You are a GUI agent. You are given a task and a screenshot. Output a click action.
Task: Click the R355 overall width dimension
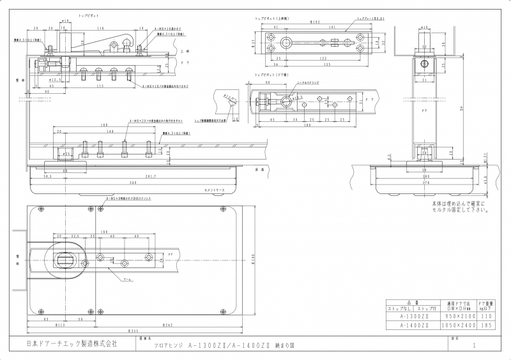(x=133, y=332)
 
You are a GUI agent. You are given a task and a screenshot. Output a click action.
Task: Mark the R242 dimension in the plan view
(x=168, y=326)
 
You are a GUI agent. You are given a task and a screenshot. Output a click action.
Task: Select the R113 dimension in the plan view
(x=59, y=326)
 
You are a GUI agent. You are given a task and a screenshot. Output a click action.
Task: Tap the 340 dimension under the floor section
(x=132, y=183)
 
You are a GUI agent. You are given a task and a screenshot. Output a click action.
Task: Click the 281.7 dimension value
(x=151, y=177)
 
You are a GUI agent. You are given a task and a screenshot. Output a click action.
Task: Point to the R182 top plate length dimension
(x=314, y=22)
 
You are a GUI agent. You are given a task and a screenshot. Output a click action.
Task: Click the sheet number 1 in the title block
(x=473, y=345)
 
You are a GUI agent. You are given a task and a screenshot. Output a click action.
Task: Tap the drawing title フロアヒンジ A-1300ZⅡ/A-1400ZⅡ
(x=204, y=345)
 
